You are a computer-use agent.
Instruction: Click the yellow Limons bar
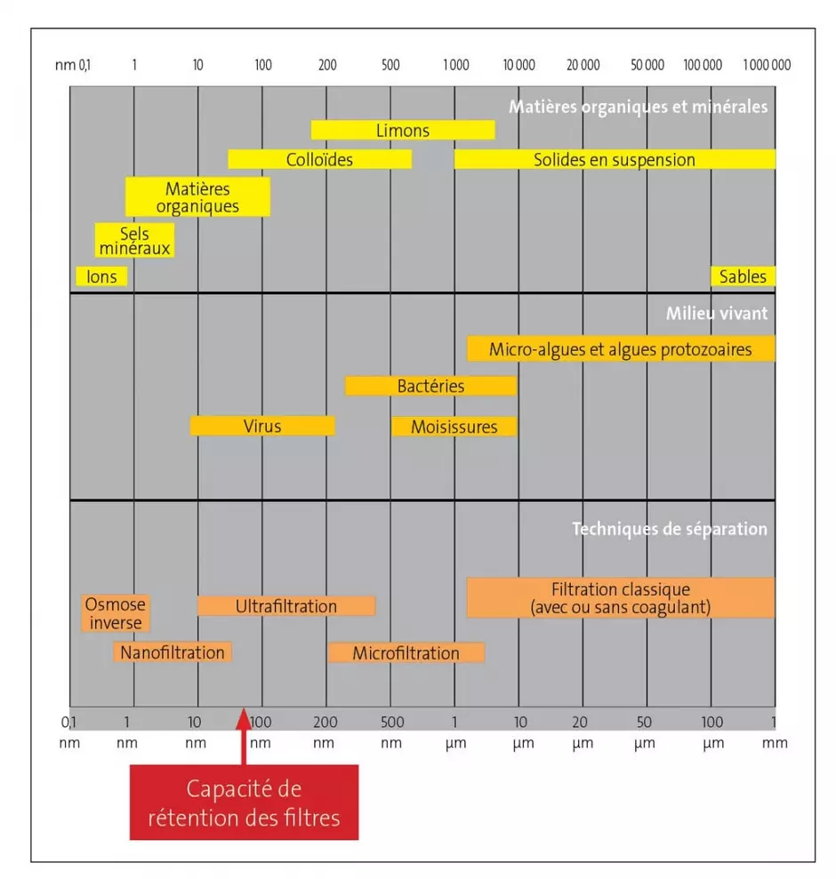pyautogui.click(x=403, y=130)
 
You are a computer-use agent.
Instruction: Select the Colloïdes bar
pyautogui.click(x=319, y=159)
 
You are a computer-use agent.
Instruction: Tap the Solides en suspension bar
pyautogui.click(x=615, y=159)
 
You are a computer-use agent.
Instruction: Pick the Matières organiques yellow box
pyautogui.click(x=197, y=196)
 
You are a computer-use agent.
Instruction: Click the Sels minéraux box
pyautogui.click(x=134, y=240)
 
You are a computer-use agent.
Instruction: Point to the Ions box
pyautogui.click(x=102, y=276)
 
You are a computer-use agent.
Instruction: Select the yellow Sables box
pyautogui.click(x=743, y=276)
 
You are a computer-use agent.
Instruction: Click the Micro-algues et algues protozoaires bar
pyautogui.click(x=621, y=348)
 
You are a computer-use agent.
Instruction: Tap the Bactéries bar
pyautogui.click(x=430, y=386)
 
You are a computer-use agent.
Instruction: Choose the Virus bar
pyautogui.click(x=262, y=426)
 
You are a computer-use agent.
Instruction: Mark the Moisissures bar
pyautogui.click(x=454, y=427)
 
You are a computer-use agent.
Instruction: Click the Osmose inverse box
pyautogui.click(x=116, y=613)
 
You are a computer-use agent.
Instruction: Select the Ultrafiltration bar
pyautogui.click(x=286, y=606)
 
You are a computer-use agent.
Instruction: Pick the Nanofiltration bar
pyautogui.click(x=173, y=652)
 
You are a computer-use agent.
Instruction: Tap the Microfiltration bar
pyautogui.click(x=406, y=653)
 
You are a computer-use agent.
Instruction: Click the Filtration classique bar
pyautogui.click(x=621, y=597)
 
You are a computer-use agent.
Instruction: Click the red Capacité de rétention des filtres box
pyautogui.click(x=245, y=802)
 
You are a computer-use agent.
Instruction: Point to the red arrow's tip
pyautogui.click(x=244, y=709)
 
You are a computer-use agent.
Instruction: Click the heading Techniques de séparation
pyautogui.click(x=669, y=529)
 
